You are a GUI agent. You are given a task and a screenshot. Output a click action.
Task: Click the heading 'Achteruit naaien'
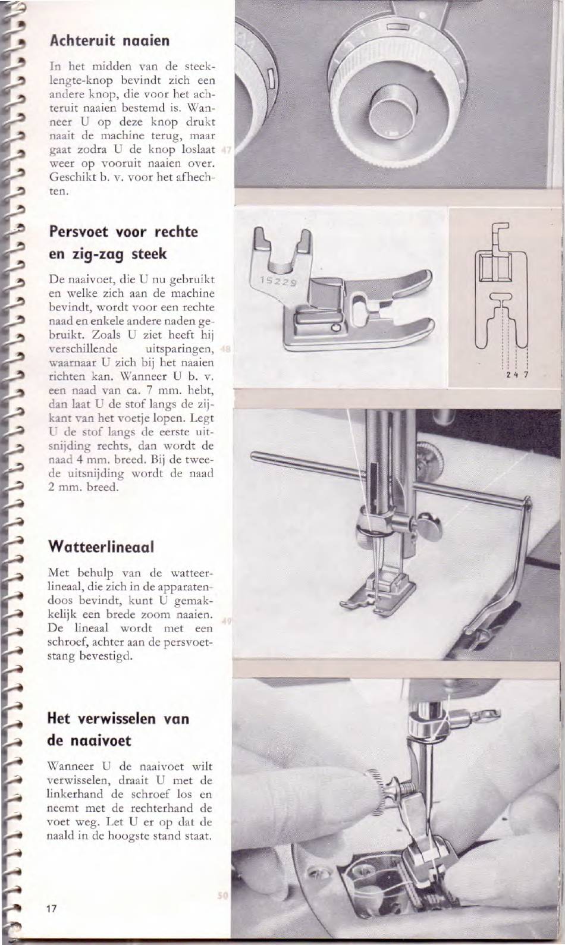pyautogui.click(x=109, y=41)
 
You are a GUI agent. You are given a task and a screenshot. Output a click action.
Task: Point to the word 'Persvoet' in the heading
pyautogui.click(x=79, y=231)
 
